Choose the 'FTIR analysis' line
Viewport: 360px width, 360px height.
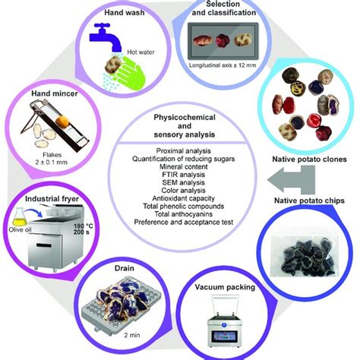pyautogui.click(x=180, y=174)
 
